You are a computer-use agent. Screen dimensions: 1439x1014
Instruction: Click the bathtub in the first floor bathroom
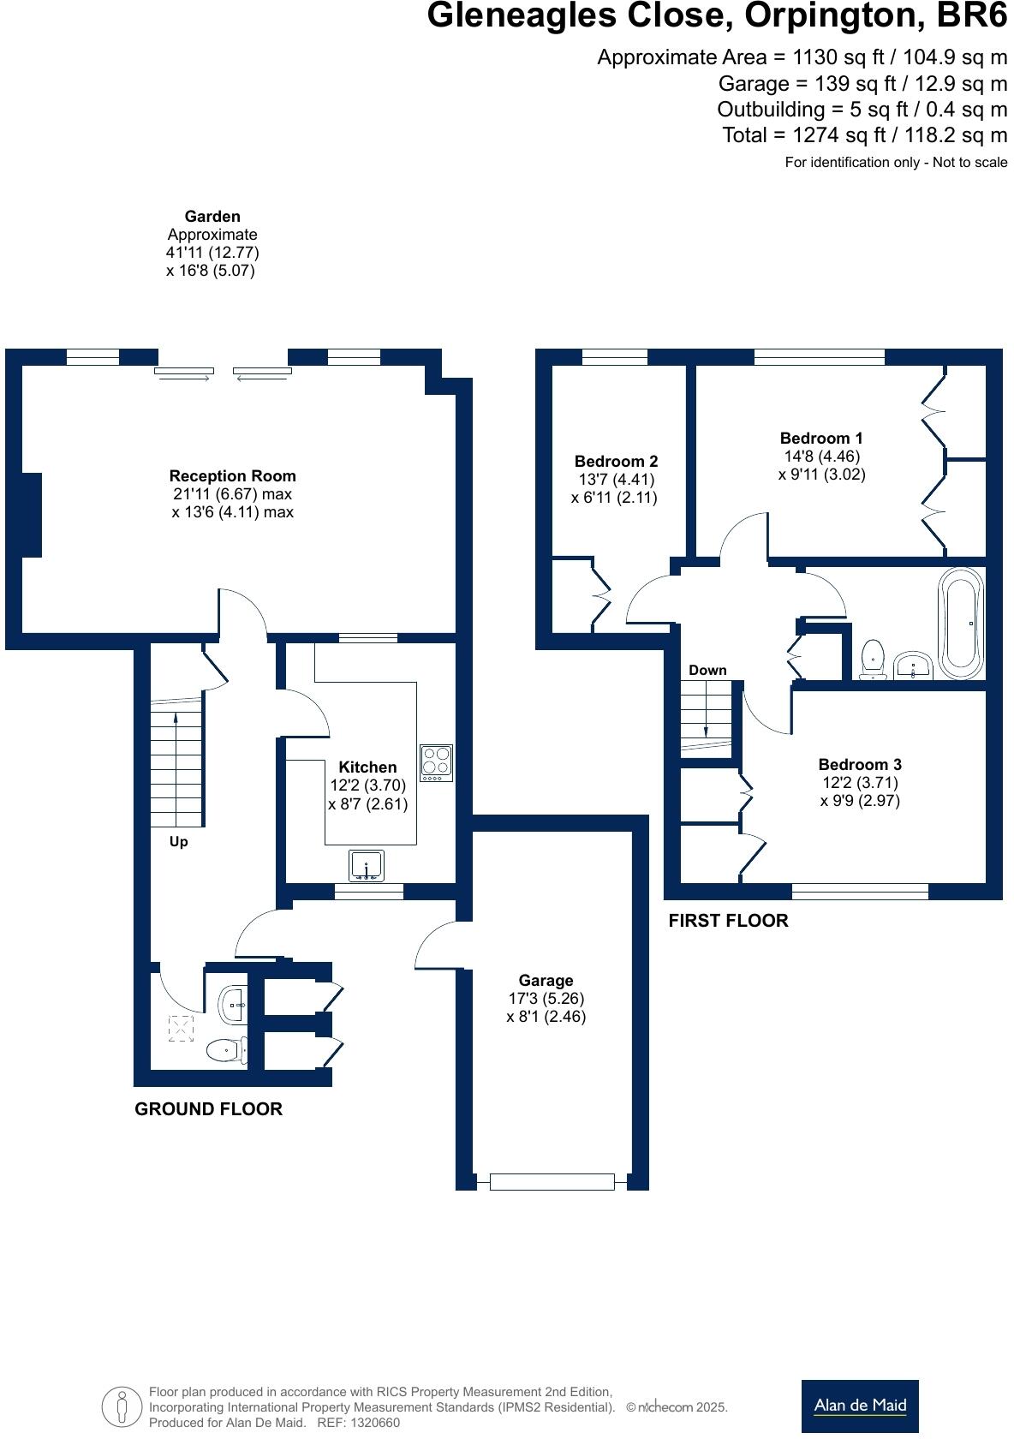pos(962,623)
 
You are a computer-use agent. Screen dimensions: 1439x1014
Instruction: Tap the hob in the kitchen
pos(436,761)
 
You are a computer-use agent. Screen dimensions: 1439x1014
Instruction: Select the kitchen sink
pos(367,865)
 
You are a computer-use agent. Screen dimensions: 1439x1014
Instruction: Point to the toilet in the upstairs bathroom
pos(873,659)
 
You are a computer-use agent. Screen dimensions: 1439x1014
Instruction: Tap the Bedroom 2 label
pos(616,461)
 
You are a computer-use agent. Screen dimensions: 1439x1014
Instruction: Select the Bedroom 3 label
pos(859,764)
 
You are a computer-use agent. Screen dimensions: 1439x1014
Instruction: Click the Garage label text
pos(546,980)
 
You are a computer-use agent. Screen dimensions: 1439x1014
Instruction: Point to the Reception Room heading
pos(232,476)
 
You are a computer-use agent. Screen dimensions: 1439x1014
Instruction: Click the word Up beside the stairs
pos(178,842)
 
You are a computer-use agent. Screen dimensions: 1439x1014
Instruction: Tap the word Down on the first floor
pos(707,670)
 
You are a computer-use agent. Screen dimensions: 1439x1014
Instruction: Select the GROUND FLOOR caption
pos(208,1108)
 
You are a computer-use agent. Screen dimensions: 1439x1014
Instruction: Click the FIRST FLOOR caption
pos(728,921)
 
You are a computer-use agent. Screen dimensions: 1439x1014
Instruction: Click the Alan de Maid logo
pos(859,1405)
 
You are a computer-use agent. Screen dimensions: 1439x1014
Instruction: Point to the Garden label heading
pos(212,217)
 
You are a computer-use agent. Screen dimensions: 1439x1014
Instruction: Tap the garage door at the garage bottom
pos(552,1182)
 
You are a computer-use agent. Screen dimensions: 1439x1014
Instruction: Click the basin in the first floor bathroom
pos(914,666)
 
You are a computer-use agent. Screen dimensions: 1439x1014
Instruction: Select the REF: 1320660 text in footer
pos(358,1423)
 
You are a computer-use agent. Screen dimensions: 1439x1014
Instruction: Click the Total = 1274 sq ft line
pos(864,135)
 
